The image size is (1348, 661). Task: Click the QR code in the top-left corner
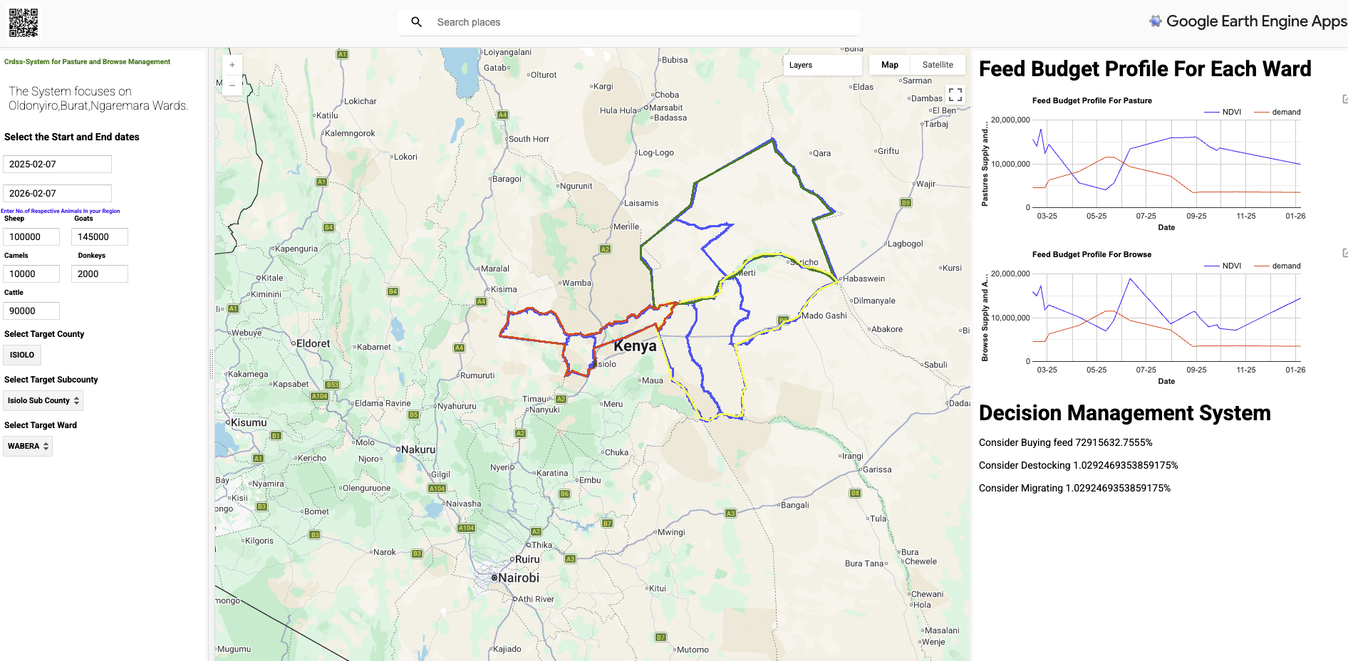pos(24,22)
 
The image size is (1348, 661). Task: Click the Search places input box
pos(641,22)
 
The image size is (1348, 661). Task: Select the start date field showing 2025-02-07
pos(57,164)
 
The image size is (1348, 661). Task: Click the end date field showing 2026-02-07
pos(57,193)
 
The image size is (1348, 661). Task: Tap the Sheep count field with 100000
pos(31,236)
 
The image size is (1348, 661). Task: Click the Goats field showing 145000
pos(99,236)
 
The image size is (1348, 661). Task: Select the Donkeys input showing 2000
pos(99,274)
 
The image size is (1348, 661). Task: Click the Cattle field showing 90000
pos(31,311)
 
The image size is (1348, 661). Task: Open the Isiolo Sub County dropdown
pos(43,400)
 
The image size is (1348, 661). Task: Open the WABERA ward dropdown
pos(28,446)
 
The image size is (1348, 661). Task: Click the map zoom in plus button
pos(232,65)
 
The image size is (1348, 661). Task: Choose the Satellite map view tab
pos(938,65)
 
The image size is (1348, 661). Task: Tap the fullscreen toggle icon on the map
pos(955,94)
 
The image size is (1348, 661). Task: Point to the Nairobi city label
pos(518,578)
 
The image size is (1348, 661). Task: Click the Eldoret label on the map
pos(313,343)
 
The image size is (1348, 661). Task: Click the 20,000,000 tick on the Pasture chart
pos(1010,120)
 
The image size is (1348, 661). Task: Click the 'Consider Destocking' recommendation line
pos(1078,465)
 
